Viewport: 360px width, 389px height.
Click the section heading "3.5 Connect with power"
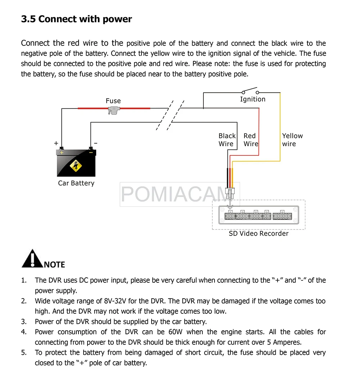click(x=76, y=19)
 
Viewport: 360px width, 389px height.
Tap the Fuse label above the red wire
click(x=113, y=101)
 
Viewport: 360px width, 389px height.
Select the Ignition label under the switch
click(x=253, y=99)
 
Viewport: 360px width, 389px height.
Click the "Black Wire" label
click(x=227, y=140)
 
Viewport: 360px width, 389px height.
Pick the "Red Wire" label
click(x=251, y=140)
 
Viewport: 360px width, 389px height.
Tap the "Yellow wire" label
click(x=292, y=140)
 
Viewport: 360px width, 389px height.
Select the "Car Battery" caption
click(x=76, y=183)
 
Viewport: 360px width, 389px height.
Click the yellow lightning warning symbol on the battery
click(x=76, y=166)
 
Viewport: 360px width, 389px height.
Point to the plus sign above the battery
click(x=56, y=143)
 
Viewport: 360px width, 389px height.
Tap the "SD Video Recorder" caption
click(x=258, y=233)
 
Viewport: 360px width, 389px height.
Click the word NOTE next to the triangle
click(x=54, y=265)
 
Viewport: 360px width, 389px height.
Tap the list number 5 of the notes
click(x=24, y=353)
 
